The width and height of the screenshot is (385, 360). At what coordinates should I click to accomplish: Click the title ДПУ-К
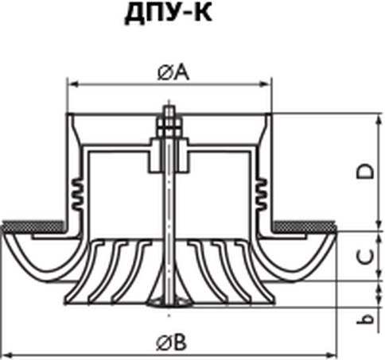[169, 14]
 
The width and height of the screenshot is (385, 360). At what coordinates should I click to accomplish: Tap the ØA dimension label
[173, 72]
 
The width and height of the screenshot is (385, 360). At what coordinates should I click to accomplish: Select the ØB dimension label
[172, 343]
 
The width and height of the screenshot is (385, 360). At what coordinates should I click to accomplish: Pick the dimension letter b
[366, 319]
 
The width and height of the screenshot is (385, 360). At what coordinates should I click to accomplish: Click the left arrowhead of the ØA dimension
[73, 84]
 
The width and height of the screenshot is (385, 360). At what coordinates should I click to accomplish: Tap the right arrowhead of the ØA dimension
[265, 84]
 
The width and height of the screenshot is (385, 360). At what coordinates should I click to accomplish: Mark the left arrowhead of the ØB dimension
[7, 354]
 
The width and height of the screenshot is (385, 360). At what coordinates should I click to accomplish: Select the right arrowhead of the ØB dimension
[331, 354]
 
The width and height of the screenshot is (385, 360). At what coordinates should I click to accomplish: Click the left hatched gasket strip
[33, 226]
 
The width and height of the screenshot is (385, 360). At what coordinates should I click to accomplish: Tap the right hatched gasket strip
[305, 226]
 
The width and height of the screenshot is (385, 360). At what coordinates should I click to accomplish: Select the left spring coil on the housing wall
[78, 193]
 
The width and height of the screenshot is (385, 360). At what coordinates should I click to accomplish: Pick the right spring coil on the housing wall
[261, 193]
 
